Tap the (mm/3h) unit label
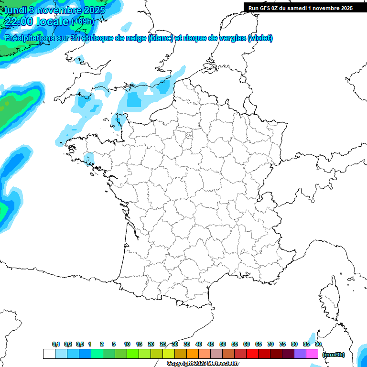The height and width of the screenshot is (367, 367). click(x=333, y=355)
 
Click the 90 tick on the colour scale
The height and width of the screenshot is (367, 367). click(x=318, y=344)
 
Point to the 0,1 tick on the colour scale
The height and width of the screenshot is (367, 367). click(x=55, y=344)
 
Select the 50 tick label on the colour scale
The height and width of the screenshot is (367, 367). click(x=223, y=344)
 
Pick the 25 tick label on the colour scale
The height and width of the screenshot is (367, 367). click(x=163, y=344)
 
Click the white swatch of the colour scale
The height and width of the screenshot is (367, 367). click(x=49, y=354)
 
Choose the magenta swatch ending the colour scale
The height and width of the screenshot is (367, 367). click(x=312, y=354)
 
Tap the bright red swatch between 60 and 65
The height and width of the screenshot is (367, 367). click(x=252, y=354)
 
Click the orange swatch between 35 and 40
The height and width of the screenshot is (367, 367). click(x=193, y=354)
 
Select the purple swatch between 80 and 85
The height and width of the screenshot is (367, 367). click(x=300, y=354)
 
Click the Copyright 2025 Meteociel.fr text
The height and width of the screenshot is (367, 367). click(x=203, y=364)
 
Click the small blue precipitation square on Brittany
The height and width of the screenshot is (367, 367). click(x=89, y=158)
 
